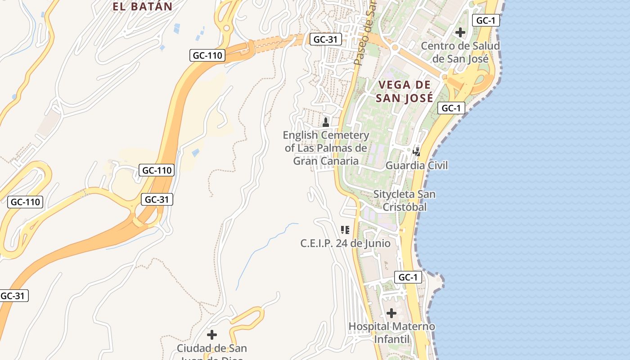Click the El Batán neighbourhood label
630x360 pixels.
pyautogui.click(x=142, y=6)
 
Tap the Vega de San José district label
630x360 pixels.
pyautogui.click(x=404, y=91)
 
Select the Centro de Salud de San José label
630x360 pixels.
pyautogui.click(x=460, y=52)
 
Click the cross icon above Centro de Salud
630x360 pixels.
pyautogui.click(x=460, y=32)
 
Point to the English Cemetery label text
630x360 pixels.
pyautogui.click(x=326, y=148)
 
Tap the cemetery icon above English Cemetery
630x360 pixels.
pyautogui.click(x=326, y=122)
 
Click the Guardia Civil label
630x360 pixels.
pyautogui.click(x=417, y=166)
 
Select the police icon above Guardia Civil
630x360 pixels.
pyautogui.click(x=417, y=152)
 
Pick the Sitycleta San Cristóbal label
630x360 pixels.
pyautogui.click(x=405, y=201)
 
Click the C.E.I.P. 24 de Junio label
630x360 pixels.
pyautogui.click(x=345, y=243)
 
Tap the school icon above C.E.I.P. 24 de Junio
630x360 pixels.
pyautogui.click(x=345, y=230)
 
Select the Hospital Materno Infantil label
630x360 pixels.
pyautogui.click(x=391, y=333)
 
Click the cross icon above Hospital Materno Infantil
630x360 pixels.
pyautogui.click(x=391, y=313)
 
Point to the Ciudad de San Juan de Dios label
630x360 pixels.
pyautogui.click(x=211, y=351)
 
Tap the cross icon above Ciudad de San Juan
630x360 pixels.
pyautogui.click(x=211, y=335)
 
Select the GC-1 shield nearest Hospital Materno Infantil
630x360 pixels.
pyautogui.click(x=408, y=277)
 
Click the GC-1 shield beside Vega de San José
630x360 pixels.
pyautogui.click(x=451, y=108)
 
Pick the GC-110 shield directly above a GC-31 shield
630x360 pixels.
pyautogui.click(x=157, y=171)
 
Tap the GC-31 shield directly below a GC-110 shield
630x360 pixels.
pyautogui.click(x=157, y=199)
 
